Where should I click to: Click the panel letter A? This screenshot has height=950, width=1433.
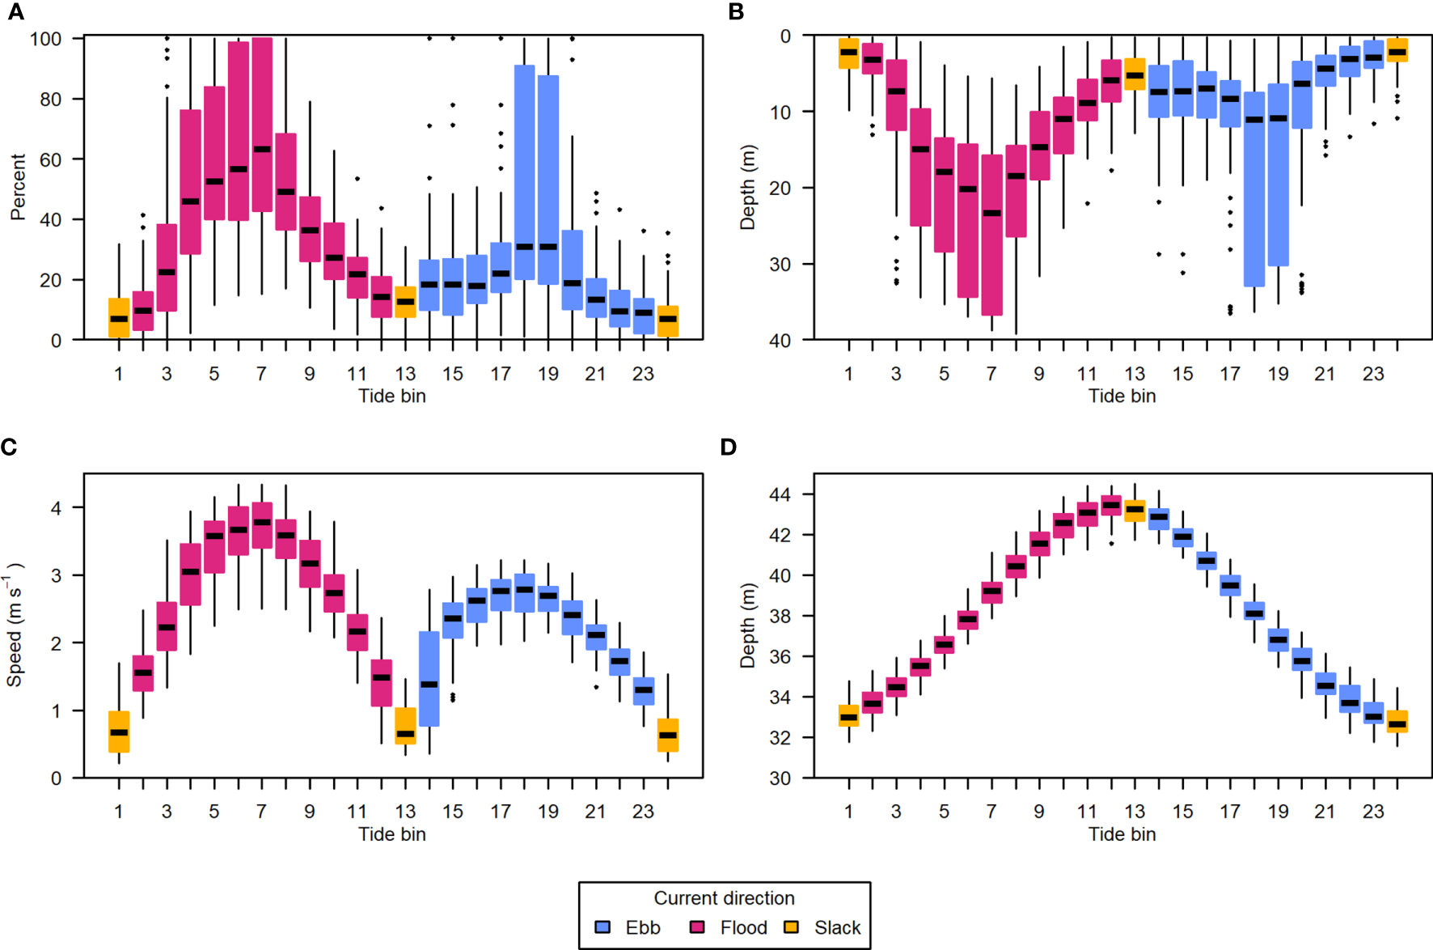[x=15, y=12]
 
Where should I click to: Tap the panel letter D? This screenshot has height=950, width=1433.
[x=729, y=447]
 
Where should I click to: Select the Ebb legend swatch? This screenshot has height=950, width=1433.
[x=602, y=927]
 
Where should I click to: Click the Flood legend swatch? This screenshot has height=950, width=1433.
[x=697, y=927]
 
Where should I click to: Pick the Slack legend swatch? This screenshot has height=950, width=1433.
[x=792, y=927]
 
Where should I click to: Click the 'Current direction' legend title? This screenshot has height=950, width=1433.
[x=724, y=898]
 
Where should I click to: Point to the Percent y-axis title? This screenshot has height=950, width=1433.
[x=18, y=187]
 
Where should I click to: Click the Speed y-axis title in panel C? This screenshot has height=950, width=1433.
[x=15, y=626]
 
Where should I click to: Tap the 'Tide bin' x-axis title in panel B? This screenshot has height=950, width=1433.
[x=1122, y=396]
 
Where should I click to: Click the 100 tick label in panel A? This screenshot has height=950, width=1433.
[x=45, y=39]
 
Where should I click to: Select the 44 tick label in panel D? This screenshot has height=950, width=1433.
[x=780, y=494]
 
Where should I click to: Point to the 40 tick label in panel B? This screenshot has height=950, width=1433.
[x=780, y=341]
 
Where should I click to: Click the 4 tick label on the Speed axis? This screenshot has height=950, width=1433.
[x=56, y=508]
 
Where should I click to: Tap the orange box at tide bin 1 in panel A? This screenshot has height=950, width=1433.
[x=119, y=317]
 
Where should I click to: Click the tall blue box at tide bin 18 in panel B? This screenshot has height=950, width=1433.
[x=1254, y=189]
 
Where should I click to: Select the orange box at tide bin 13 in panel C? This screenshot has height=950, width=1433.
[x=405, y=726]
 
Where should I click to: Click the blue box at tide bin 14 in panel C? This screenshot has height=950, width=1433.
[x=429, y=678]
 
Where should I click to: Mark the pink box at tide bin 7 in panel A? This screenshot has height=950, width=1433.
[x=262, y=125]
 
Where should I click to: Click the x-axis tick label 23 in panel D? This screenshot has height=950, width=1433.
[x=1373, y=812]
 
